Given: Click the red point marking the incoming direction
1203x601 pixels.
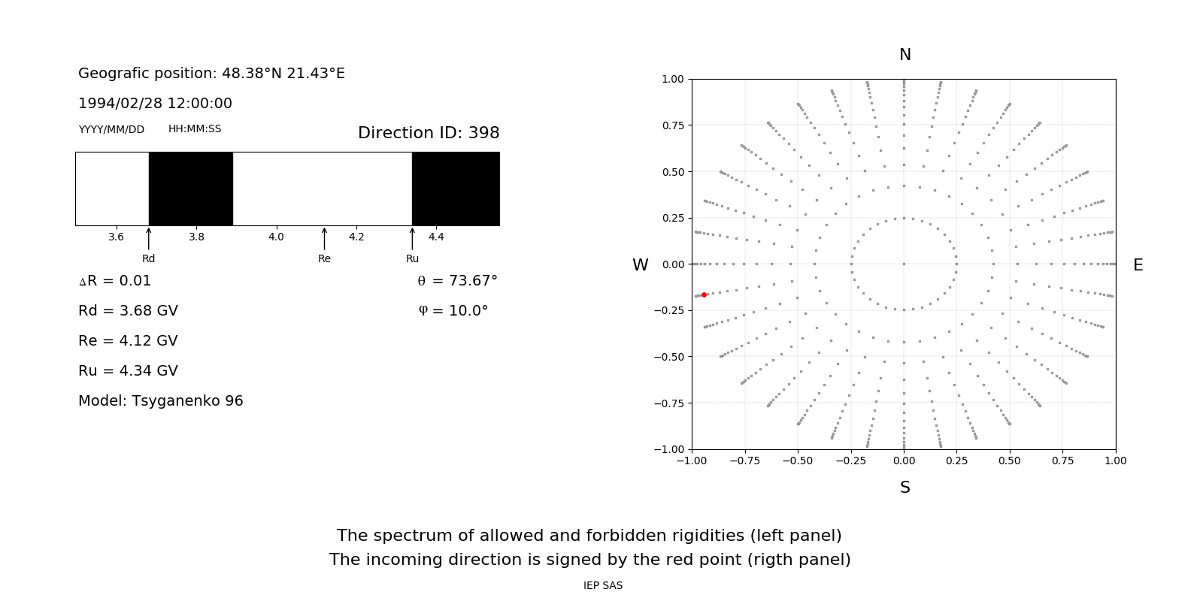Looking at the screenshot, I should point(704,295).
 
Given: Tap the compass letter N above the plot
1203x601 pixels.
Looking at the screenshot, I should point(905,55).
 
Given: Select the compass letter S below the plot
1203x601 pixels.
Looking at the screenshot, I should point(905,488).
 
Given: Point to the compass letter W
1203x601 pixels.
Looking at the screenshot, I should point(640,265).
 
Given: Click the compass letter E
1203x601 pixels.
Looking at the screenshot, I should point(1138,265).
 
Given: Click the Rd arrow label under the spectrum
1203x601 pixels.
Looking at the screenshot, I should point(148,258).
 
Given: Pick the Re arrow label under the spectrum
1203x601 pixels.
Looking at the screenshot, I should point(324,258).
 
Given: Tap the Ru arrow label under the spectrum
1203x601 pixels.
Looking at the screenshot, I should point(412,258).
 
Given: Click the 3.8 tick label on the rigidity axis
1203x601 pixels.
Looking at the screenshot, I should point(196,237).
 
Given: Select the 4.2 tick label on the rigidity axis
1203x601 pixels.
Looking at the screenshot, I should point(356,237).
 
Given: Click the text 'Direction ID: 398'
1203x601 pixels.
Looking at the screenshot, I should point(429,133).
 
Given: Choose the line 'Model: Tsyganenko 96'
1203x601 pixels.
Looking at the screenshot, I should point(161,401).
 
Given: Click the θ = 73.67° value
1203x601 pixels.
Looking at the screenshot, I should point(457,281).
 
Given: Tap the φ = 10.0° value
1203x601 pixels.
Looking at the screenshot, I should point(453,311).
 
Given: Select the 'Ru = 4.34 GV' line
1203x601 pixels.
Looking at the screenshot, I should point(128,371).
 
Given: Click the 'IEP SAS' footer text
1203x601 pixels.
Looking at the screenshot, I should point(602,586).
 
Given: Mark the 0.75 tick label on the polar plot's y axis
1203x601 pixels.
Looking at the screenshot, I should point(672,125).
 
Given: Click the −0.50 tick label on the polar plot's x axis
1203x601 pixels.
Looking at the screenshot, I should point(797,461).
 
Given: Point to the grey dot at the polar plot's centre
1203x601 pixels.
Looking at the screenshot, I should point(904,264).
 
